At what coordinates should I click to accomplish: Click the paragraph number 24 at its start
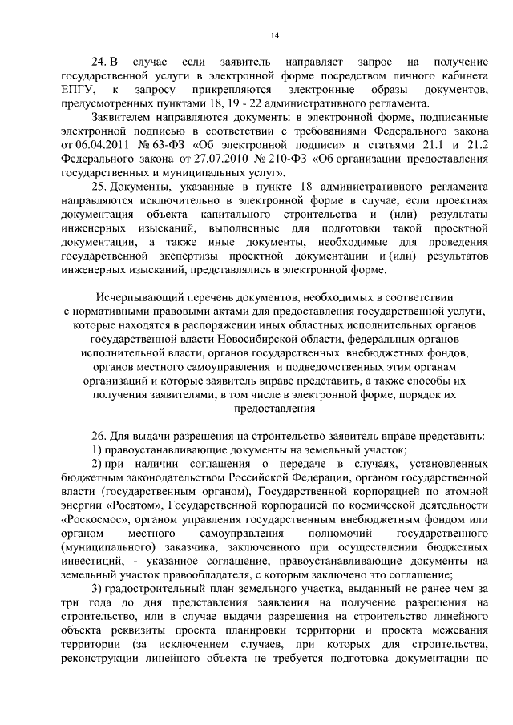click(x=99, y=62)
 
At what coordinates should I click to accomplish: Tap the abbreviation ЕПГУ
click(x=77, y=90)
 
